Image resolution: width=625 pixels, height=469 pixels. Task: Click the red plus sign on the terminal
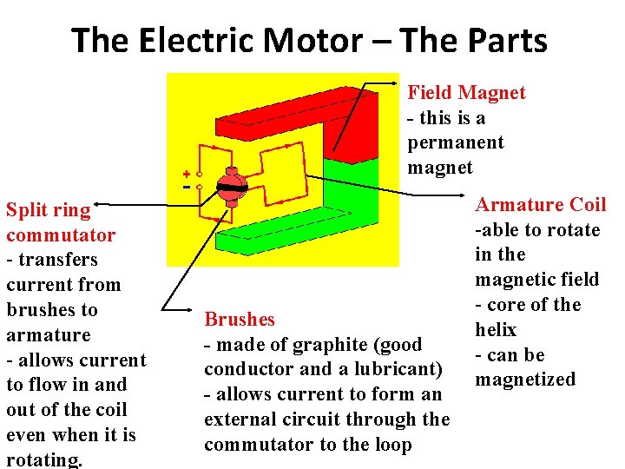click(186, 174)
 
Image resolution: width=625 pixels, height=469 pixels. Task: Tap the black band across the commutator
click(232, 188)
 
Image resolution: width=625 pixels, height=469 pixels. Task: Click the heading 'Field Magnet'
click(466, 93)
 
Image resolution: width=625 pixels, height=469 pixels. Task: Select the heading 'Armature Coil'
click(540, 205)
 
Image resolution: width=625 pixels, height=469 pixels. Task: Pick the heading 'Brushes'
click(239, 320)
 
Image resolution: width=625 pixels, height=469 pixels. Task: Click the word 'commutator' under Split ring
click(60, 235)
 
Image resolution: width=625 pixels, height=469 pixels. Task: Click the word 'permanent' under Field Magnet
click(455, 142)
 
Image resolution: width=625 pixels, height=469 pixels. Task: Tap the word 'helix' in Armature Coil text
click(495, 330)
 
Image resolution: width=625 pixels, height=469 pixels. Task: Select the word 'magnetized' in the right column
click(524, 380)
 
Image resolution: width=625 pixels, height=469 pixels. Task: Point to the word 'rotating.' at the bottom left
click(44, 459)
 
